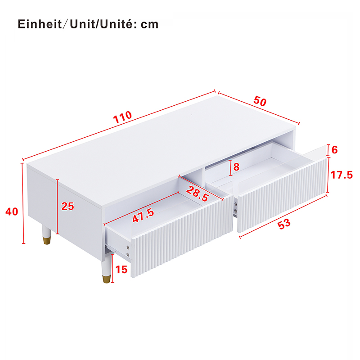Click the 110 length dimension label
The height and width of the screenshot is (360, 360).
pos(122,117)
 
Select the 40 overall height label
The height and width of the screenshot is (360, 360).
pos(12,211)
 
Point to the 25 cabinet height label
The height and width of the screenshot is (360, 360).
pos(68,206)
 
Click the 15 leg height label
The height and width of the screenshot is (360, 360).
pos(121,270)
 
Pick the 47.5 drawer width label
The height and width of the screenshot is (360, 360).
pos(144,216)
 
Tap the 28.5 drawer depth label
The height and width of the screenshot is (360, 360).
pos(198,194)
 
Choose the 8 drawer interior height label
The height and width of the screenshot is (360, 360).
pos(236,167)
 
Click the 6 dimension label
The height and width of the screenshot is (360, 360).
pos(334,150)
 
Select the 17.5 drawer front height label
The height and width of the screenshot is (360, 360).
pos(342,175)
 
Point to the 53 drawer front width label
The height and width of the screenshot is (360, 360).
pos(284,224)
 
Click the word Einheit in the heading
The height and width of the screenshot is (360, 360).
pos(40,24)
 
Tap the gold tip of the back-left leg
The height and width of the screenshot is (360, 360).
pos(47,240)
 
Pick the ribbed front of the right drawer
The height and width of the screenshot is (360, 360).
pos(282,195)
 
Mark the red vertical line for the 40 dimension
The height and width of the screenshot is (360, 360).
pos(23,203)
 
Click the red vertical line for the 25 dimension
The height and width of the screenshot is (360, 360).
pos(58,207)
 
